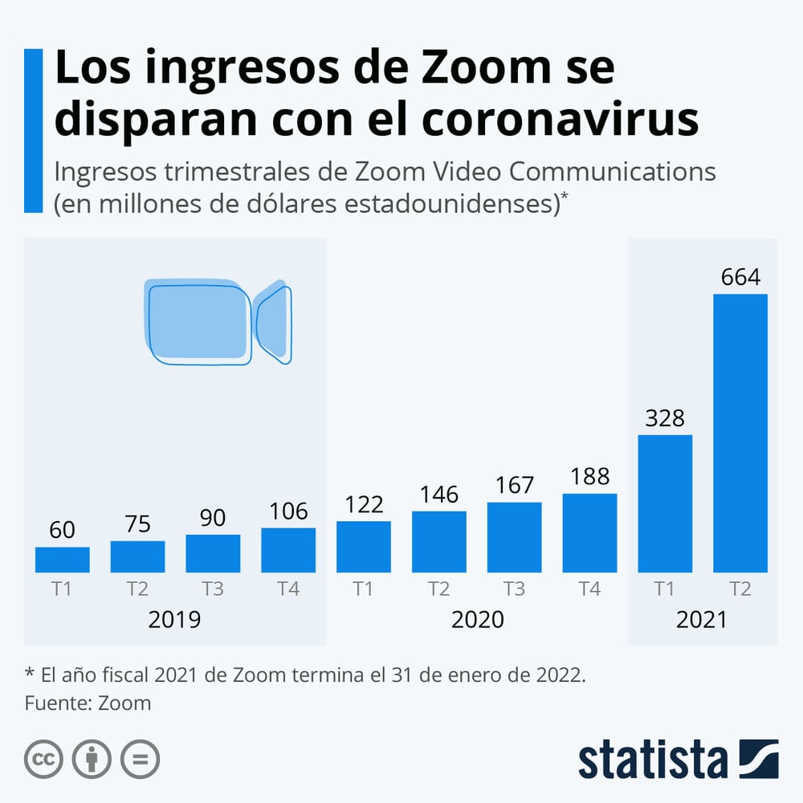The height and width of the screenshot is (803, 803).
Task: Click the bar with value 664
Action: (x=740, y=434)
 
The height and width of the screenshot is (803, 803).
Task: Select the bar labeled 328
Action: (x=665, y=503)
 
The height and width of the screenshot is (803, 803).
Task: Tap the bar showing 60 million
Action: (x=63, y=560)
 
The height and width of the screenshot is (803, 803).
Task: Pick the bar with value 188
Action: (x=589, y=532)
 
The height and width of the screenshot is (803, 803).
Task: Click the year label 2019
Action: (x=174, y=620)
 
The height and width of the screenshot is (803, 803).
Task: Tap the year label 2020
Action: (x=477, y=620)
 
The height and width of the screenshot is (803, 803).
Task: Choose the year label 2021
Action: (x=701, y=620)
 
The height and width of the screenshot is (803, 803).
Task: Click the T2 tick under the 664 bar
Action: (x=740, y=589)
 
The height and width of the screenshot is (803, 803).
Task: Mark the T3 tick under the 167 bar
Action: (x=514, y=589)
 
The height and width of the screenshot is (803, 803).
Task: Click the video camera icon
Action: (x=218, y=321)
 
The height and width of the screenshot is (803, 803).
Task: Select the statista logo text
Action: (x=652, y=760)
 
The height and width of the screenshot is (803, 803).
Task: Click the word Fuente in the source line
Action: (x=55, y=703)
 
